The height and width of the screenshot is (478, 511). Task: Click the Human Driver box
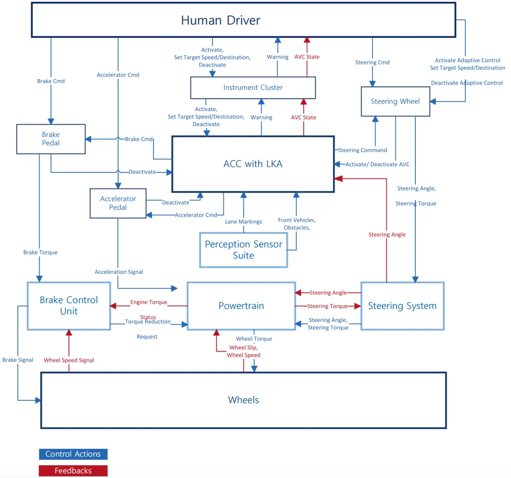(244, 20)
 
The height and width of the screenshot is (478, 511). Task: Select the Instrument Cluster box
(253, 87)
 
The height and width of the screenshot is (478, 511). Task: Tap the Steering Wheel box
(395, 101)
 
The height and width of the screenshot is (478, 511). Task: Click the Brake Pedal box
(51, 139)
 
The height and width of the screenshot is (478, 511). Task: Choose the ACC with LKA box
(253, 164)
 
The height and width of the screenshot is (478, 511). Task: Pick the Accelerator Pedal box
(118, 203)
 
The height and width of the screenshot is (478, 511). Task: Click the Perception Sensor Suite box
(244, 250)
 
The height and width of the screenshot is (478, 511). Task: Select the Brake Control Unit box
(69, 306)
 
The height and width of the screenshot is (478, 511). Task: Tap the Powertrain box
(241, 306)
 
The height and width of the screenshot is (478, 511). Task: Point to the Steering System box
(403, 306)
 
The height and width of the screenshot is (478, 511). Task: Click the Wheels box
(244, 400)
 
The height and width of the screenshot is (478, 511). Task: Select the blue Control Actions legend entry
(73, 454)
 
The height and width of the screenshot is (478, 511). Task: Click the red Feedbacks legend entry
(73, 471)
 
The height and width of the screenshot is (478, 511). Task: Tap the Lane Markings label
(244, 222)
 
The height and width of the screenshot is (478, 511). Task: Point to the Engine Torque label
(149, 302)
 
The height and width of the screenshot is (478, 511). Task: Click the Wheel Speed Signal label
(69, 360)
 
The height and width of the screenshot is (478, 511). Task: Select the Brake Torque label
(40, 252)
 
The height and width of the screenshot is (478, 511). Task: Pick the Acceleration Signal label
(119, 272)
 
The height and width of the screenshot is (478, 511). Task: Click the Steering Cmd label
(372, 62)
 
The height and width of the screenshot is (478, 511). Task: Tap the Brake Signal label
(18, 360)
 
